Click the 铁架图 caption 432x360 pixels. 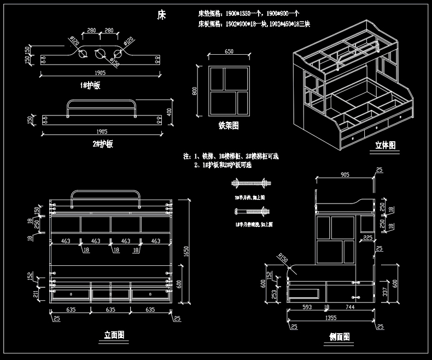[228, 126]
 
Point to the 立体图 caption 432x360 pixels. [385, 145]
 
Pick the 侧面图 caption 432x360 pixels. [339, 336]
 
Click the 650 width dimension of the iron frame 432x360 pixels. [229, 51]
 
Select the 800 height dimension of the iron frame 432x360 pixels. [195, 91]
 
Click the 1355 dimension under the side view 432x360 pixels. [330, 317]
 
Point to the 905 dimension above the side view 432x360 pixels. [345, 175]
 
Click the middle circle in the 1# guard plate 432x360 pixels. [100, 54]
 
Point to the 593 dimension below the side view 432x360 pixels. [307, 307]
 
